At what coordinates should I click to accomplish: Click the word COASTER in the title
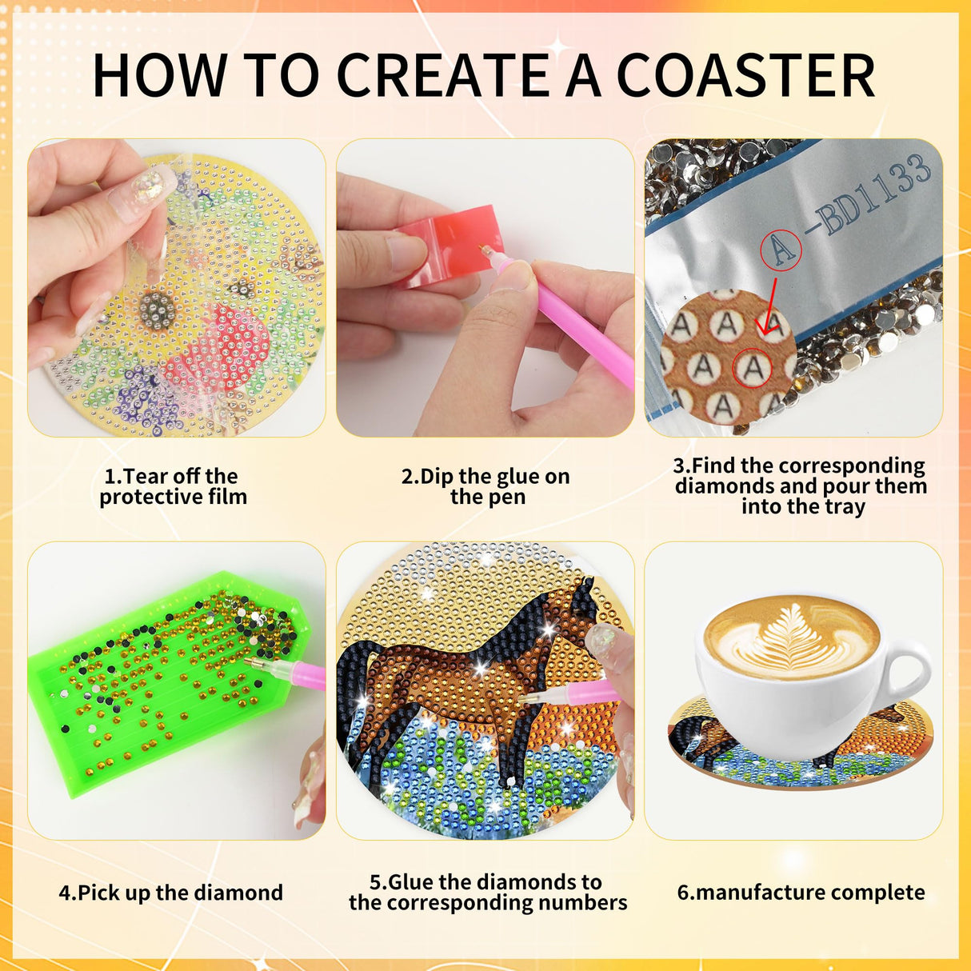pos(745,76)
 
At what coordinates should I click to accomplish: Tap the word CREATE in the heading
pos(442,76)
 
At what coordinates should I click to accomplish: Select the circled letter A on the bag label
pos(781,249)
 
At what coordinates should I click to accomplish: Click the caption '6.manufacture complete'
pos(801,893)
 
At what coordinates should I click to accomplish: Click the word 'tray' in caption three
pos(845,506)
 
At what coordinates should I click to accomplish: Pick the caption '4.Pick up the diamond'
pos(171,893)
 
